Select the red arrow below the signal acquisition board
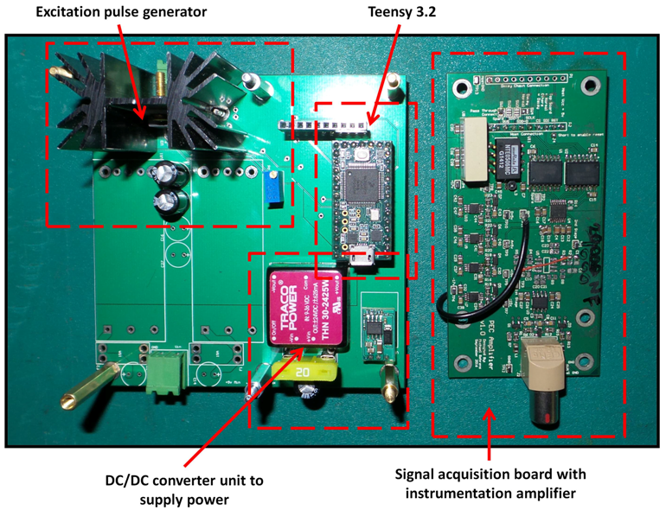pyautogui.click(x=490, y=433)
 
